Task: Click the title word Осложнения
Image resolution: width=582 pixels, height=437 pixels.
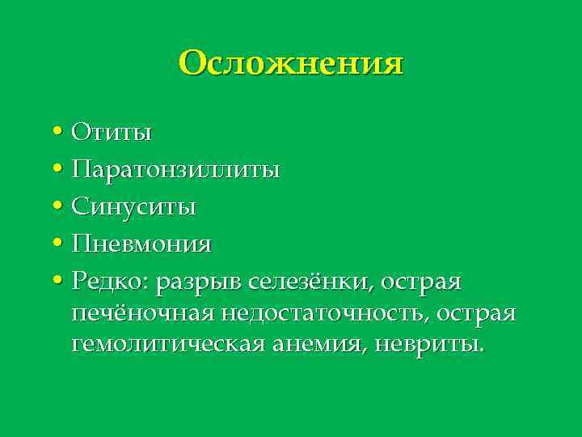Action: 291,62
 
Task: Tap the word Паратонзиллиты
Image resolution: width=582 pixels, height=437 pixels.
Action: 175,169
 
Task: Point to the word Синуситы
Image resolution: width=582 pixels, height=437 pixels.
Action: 133,206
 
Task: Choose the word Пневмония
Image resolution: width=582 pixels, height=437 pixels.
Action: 141,244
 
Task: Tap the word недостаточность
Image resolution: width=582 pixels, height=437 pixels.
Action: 331,313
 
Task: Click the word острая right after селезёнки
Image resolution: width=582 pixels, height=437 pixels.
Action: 421,282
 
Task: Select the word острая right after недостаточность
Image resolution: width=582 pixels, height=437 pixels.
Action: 476,313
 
